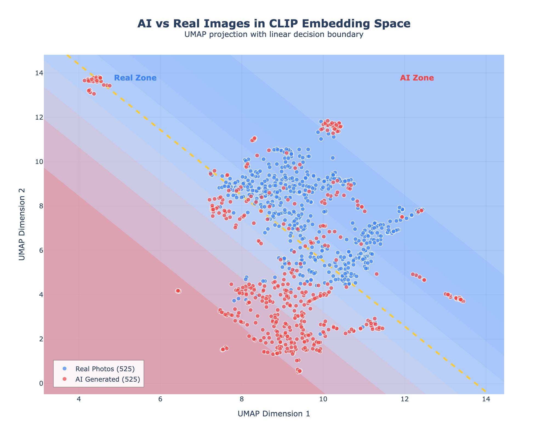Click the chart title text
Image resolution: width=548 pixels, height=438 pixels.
click(274, 24)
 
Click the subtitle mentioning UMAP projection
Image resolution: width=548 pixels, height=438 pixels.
click(274, 34)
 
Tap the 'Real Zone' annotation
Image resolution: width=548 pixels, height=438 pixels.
click(135, 78)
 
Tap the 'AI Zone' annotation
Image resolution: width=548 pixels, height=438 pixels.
click(417, 78)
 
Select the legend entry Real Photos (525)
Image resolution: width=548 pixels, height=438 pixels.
click(105, 369)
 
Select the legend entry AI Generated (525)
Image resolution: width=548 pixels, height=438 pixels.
click(108, 379)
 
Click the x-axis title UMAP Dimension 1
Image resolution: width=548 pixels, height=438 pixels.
click(274, 414)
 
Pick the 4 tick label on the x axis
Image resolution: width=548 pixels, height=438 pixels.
click(79, 399)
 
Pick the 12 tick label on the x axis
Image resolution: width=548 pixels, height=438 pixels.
click(404, 399)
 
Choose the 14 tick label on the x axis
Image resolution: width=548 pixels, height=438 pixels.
click(486, 399)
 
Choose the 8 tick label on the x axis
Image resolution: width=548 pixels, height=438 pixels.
click(242, 399)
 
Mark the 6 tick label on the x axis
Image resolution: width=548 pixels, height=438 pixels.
click(160, 399)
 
